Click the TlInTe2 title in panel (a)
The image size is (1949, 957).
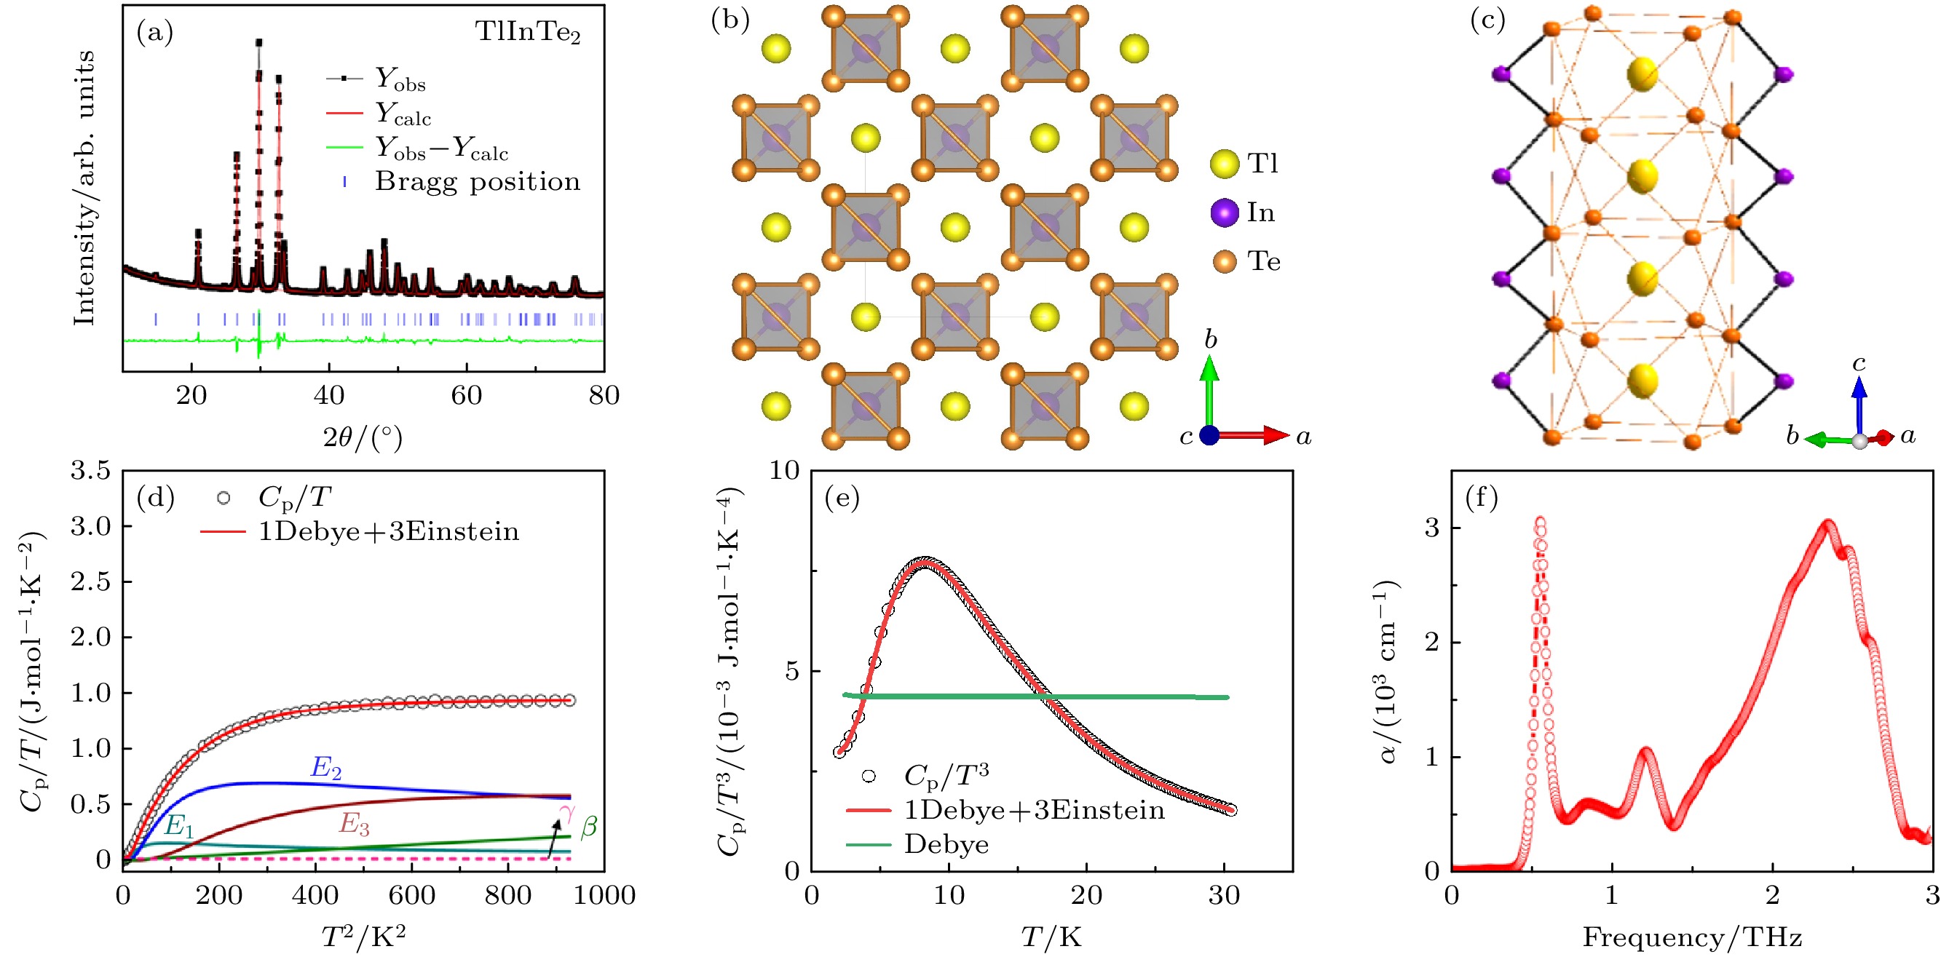[527, 32]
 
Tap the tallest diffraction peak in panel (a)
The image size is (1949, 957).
[258, 44]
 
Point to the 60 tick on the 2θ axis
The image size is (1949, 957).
[466, 395]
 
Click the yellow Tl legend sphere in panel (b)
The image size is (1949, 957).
[1224, 164]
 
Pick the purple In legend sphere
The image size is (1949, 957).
[1224, 213]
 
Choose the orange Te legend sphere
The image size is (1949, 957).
[1224, 262]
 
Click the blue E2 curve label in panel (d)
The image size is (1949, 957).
[326, 767]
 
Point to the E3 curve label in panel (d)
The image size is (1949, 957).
[354, 823]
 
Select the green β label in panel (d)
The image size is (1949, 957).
[589, 826]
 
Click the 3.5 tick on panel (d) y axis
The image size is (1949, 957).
[91, 471]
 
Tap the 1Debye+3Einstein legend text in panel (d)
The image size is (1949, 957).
[389, 532]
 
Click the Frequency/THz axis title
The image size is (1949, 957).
[1692, 938]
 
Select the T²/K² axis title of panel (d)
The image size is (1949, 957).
[363, 938]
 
